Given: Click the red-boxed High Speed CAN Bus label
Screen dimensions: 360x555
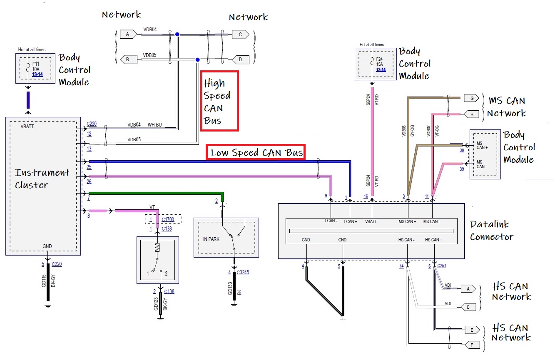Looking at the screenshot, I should tap(219, 101).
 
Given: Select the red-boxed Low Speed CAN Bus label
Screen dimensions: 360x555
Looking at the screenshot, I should tap(255, 152).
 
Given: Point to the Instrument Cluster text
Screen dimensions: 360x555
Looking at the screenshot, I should tap(42, 179).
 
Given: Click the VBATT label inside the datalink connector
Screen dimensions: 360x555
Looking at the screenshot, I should tap(371, 221).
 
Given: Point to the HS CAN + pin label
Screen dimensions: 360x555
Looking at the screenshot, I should tap(433, 240).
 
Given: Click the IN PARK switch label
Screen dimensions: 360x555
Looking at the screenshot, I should tap(212, 239).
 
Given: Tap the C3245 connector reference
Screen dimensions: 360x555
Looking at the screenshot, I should tap(243, 273).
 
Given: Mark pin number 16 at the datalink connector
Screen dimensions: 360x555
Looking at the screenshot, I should tap(366, 196).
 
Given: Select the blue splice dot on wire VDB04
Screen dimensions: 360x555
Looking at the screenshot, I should tap(177, 34).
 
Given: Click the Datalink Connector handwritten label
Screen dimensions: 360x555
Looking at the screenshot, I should tap(491, 230).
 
